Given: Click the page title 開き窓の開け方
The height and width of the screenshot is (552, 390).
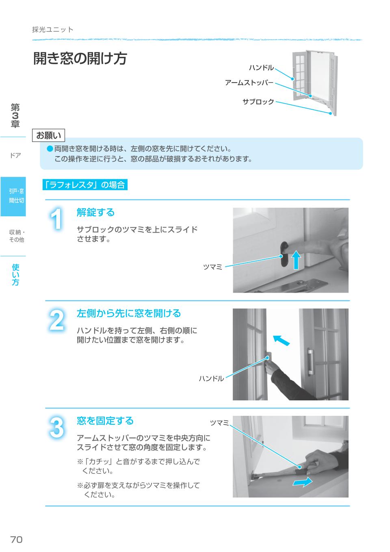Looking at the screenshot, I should pyautogui.click(x=80, y=59).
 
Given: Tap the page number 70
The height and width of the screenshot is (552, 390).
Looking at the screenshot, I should pyautogui.click(x=16, y=539).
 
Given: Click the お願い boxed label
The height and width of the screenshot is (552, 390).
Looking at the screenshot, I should pyautogui.click(x=48, y=135).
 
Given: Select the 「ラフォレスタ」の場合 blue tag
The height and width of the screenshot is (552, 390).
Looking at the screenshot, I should pyautogui.click(x=85, y=185).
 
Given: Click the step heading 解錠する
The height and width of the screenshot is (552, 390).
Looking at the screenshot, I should pyautogui.click(x=95, y=212).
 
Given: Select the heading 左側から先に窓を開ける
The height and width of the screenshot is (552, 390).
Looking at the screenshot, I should pyautogui.click(x=128, y=313).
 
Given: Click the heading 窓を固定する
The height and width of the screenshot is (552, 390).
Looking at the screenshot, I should pyautogui.click(x=105, y=421).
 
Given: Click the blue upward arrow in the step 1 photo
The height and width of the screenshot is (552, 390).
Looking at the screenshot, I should pyautogui.click(x=297, y=260).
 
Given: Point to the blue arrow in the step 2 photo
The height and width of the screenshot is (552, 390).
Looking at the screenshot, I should pyautogui.click(x=282, y=340).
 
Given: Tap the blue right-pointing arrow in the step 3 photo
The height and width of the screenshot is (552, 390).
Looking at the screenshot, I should pyautogui.click(x=303, y=482).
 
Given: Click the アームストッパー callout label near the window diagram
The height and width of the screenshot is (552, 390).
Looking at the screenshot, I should pyautogui.click(x=249, y=83).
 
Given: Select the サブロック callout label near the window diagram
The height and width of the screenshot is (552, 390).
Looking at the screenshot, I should pyautogui.click(x=258, y=102).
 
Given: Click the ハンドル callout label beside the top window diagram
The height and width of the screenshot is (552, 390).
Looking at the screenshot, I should pyautogui.click(x=261, y=67).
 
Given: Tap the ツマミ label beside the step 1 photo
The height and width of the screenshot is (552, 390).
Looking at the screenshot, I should pyautogui.click(x=212, y=267).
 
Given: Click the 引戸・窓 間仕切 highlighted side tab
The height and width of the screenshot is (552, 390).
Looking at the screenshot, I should pyautogui.click(x=16, y=196).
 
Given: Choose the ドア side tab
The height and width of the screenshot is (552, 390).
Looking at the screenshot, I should pyautogui.click(x=15, y=155).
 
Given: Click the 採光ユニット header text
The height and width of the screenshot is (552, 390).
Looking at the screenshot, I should pyautogui.click(x=53, y=30).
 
